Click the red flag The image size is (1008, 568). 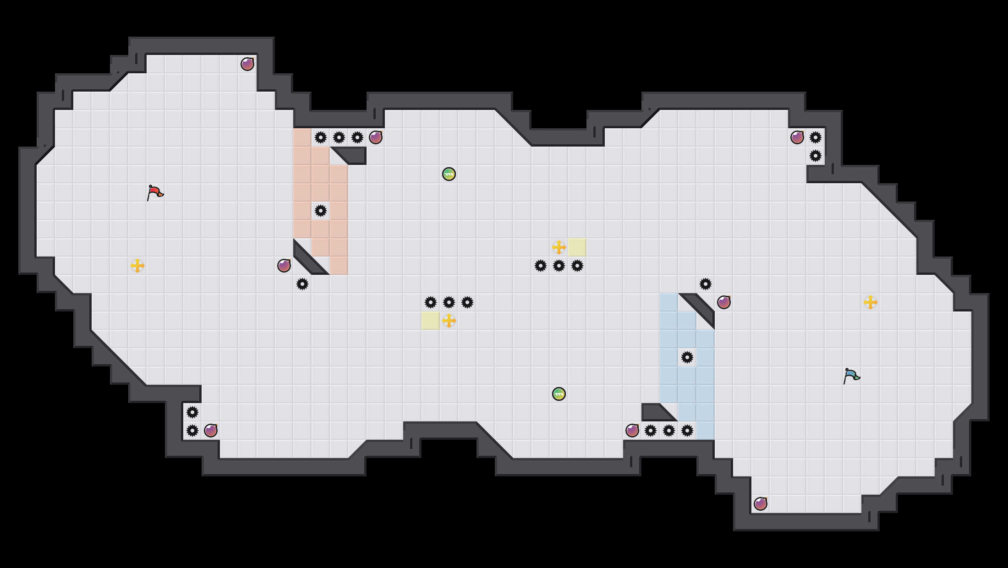click(155, 192)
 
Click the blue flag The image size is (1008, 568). click(851, 376)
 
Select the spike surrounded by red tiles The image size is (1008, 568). click(321, 211)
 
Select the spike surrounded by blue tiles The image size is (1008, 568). click(687, 357)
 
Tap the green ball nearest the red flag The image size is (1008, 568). click(449, 174)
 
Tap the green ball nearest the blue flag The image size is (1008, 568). click(559, 394)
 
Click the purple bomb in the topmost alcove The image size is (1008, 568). click(247, 64)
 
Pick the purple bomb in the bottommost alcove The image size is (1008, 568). click(761, 504)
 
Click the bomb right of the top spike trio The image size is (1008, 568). click(376, 137)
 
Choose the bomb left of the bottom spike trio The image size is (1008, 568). click(632, 431)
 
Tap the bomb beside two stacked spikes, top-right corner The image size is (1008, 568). click(797, 137)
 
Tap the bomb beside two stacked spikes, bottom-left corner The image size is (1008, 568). click(211, 431)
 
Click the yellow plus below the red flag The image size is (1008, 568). click(137, 266)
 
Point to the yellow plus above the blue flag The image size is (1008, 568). click(871, 302)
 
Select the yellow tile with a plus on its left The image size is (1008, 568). click(577, 247)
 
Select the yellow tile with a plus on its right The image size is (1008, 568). click(431, 321)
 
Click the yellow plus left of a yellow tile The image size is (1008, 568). click(559, 247)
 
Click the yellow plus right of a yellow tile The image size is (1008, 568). click(449, 321)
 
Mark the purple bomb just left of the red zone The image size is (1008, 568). click(284, 266)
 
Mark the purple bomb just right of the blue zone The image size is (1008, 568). click(724, 302)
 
